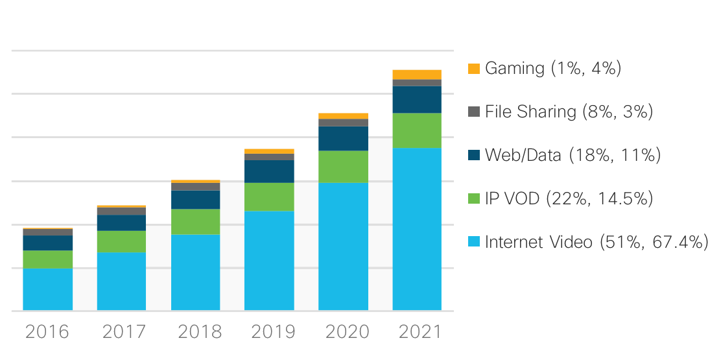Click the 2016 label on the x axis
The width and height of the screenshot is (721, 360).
tap(47, 332)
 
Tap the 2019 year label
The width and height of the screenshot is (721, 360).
tap(269, 332)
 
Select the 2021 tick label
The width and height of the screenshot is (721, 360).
tap(417, 332)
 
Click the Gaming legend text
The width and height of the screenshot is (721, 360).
tap(553, 68)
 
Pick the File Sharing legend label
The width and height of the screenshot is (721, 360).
tap(569, 112)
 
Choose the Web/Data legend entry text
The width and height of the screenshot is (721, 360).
tap(573, 155)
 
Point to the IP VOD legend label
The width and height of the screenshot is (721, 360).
tap(569, 198)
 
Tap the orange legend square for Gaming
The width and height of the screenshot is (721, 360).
tap(474, 68)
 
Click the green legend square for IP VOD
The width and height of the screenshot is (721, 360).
tap(474, 198)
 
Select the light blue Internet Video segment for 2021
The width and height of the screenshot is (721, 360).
tap(417, 229)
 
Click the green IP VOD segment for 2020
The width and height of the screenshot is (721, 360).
tap(343, 167)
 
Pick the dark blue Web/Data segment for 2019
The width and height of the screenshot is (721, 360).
tap(269, 171)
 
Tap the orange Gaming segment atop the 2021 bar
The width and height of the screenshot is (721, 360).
tap(417, 75)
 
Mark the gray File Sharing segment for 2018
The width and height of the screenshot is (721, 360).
tap(195, 187)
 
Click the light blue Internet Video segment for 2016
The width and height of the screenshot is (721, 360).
tap(47, 289)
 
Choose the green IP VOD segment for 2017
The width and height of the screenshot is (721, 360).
tap(121, 241)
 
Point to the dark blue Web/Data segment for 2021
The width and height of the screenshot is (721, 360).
tap(417, 100)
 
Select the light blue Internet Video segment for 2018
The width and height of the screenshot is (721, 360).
tap(195, 272)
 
